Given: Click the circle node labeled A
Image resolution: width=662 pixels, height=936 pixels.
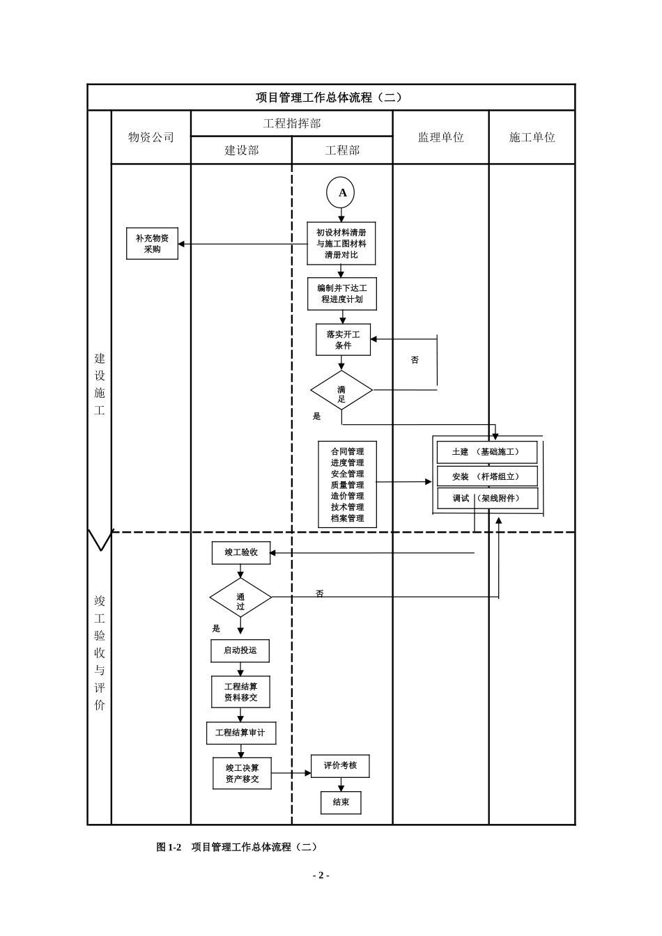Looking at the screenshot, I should click(341, 193).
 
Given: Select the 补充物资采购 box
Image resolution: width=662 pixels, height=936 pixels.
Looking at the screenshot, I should click(152, 244).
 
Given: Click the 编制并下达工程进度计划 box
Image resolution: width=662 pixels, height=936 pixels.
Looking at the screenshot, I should click(341, 293).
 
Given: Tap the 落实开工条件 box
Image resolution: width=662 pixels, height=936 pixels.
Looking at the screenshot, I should click(343, 340).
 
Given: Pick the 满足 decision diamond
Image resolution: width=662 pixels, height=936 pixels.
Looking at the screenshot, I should click(341, 391).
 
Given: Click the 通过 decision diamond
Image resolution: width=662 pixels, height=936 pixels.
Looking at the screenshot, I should click(240, 598).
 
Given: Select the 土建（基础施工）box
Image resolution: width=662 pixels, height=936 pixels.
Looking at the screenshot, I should click(487, 452).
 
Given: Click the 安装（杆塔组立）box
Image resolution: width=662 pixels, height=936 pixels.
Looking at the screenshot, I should click(487, 476).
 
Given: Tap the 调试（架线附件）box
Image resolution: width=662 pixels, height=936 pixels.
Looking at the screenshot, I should click(487, 499).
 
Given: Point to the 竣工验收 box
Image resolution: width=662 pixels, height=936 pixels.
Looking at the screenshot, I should click(241, 552).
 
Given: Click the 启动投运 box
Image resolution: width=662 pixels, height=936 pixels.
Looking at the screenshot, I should click(240, 650).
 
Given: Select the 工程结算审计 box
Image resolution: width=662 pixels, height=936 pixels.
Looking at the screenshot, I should click(240, 733).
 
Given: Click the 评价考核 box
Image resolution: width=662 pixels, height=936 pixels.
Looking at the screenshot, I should click(340, 765).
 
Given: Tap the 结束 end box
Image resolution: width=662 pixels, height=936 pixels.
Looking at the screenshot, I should click(341, 802).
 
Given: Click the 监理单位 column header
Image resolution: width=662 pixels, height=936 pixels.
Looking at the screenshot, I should click(440, 137).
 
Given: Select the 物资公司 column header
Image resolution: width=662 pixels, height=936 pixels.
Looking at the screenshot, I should click(151, 137).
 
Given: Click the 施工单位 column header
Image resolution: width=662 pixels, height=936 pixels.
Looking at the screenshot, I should click(532, 137).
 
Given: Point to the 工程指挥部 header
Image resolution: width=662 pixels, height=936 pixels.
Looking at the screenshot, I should click(291, 123).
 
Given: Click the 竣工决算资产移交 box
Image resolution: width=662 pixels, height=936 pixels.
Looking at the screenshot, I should click(242, 773).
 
